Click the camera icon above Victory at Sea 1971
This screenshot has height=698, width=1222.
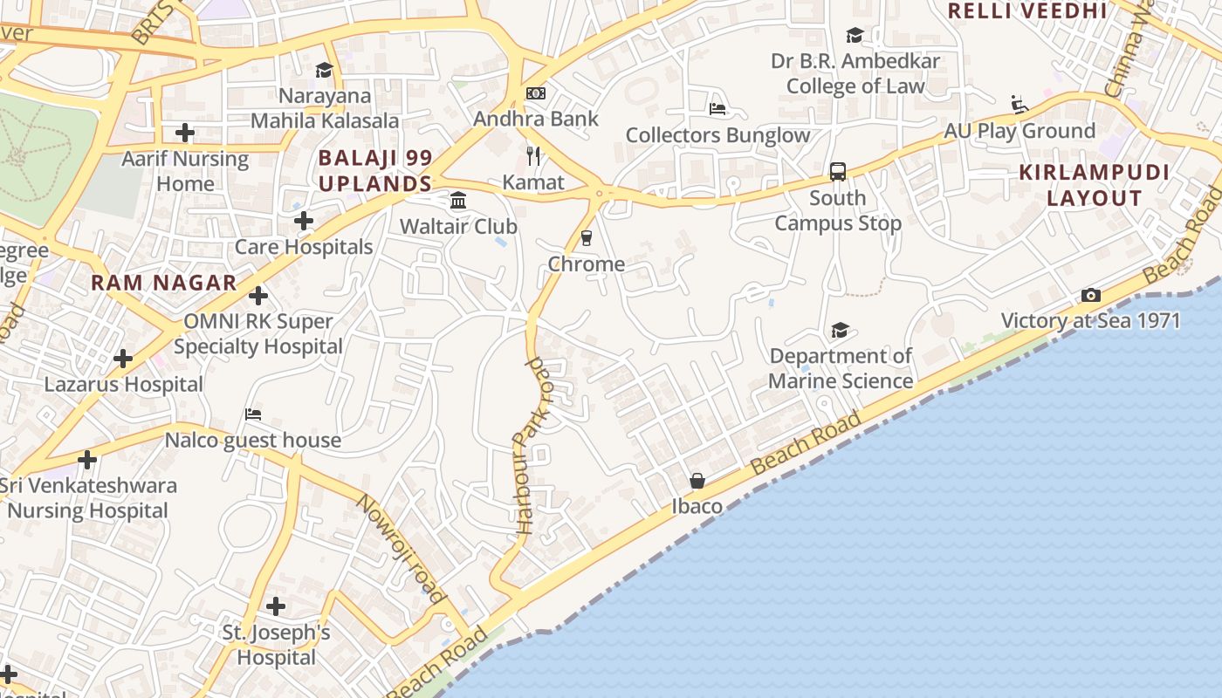click(x=1090, y=296)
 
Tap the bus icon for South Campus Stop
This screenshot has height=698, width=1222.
click(x=838, y=172)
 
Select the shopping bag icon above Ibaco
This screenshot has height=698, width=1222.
click(x=697, y=481)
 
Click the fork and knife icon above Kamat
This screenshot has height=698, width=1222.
click(x=534, y=156)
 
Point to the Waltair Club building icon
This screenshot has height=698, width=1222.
click(x=458, y=202)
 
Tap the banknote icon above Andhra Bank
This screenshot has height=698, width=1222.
click(x=536, y=93)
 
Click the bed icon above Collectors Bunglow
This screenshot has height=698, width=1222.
click(x=717, y=109)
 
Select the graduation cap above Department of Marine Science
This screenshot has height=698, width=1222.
click(x=840, y=330)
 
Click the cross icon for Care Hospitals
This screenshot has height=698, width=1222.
click(x=304, y=221)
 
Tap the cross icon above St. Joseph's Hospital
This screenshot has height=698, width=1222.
click(x=276, y=606)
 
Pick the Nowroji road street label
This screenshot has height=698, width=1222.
click(x=402, y=549)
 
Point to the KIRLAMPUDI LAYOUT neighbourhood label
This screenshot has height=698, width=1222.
click(x=1095, y=185)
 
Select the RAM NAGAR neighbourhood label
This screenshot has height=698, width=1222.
click(x=164, y=283)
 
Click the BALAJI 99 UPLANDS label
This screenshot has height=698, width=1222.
click(x=375, y=171)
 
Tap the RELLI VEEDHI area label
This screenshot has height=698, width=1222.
click(x=1027, y=11)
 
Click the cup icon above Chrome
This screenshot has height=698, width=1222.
click(x=587, y=238)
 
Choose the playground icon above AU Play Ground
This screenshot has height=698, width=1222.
click(x=1019, y=105)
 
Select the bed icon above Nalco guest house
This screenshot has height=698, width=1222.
click(x=253, y=414)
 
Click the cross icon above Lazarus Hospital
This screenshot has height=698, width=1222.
click(x=123, y=359)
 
